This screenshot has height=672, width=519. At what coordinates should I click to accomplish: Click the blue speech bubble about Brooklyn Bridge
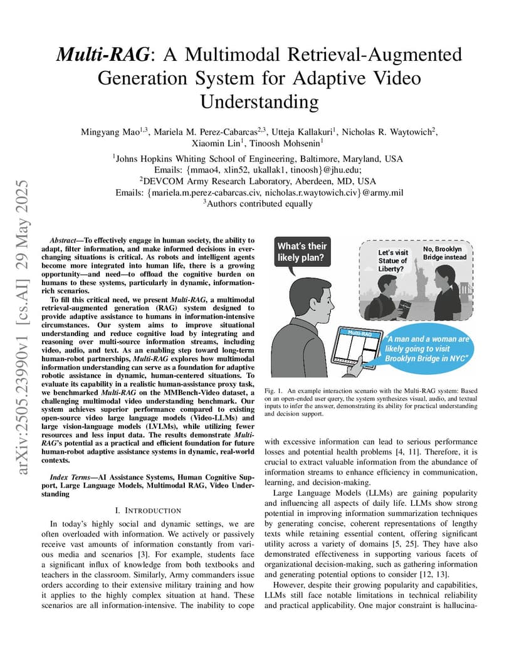pos(427,349)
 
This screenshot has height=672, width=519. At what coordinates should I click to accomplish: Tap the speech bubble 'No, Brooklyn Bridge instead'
pos(444,253)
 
